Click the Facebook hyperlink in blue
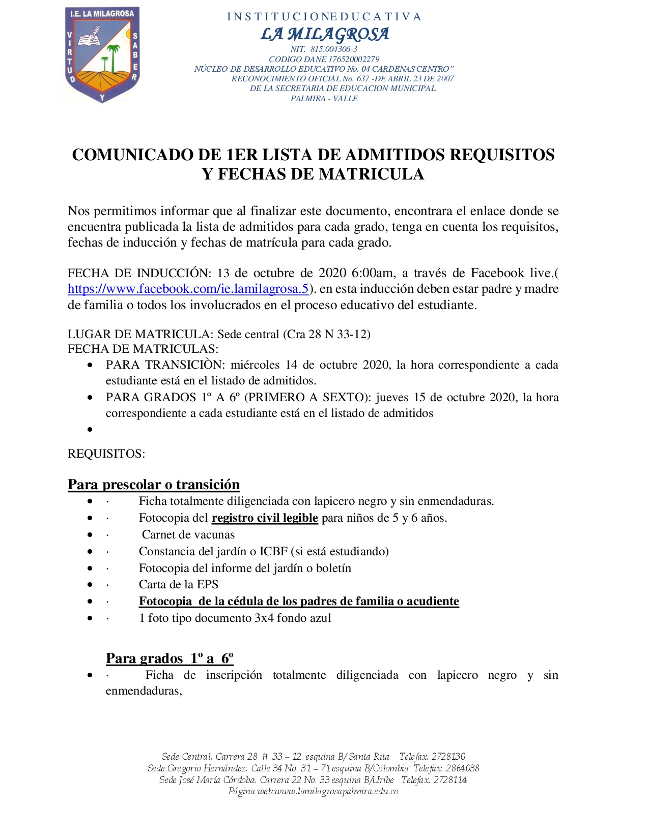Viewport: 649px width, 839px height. [x=188, y=289]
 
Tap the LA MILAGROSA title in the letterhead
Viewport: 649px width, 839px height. [x=324, y=34]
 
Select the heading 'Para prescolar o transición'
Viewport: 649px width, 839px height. [x=153, y=484]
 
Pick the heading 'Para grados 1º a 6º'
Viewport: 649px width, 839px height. [x=170, y=658]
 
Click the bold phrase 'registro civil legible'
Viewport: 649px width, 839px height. [x=265, y=518]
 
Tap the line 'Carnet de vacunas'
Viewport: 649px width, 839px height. [x=188, y=534]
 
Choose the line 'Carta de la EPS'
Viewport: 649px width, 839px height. [x=178, y=584]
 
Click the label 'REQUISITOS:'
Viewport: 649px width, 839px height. [x=106, y=454]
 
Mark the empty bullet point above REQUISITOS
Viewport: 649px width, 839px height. [x=90, y=430]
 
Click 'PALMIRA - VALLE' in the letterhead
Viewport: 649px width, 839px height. [x=324, y=99]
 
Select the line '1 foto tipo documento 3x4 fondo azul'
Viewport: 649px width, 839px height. [x=235, y=618]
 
